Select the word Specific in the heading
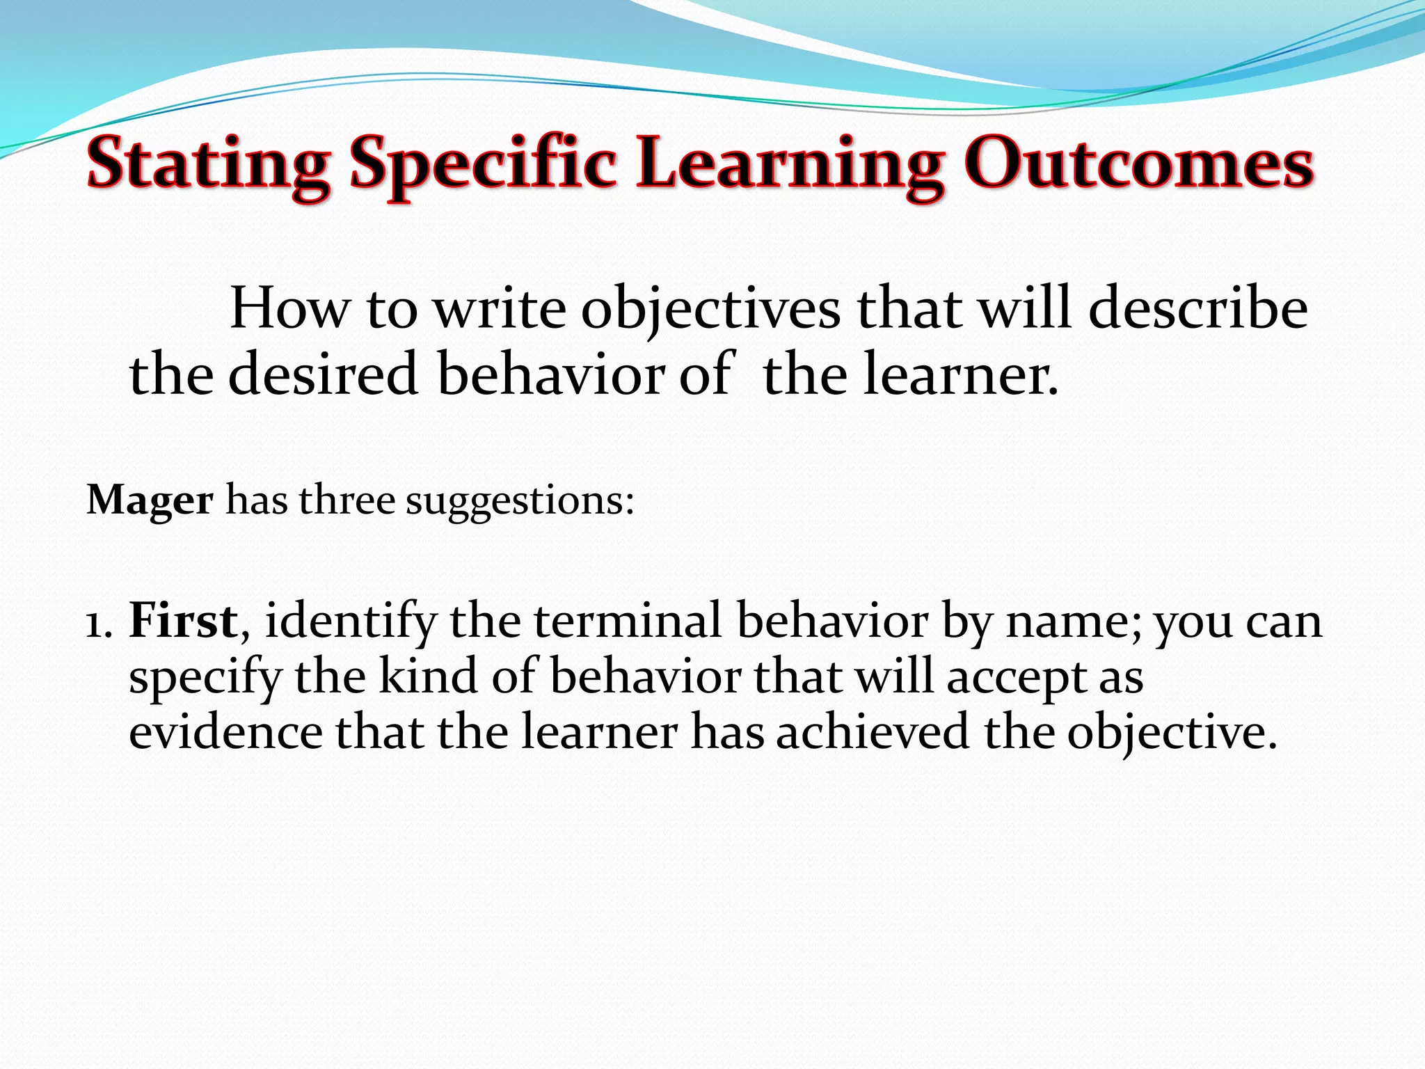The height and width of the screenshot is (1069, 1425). click(x=483, y=166)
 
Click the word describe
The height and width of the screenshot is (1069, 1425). click(x=1198, y=309)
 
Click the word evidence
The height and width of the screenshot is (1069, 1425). click(x=225, y=732)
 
